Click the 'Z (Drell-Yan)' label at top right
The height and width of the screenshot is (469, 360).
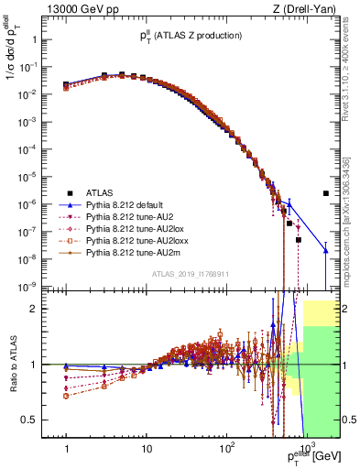pos(311,9)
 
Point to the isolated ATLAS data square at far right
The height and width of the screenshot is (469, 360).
pos(326,193)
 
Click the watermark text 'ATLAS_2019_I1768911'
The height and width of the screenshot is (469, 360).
pos(191,273)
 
